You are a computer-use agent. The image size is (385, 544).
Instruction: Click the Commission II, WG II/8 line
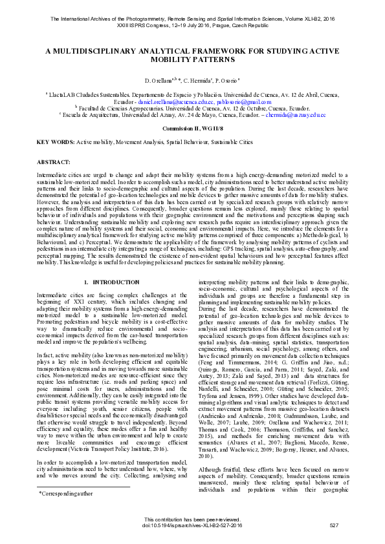pos(192,128)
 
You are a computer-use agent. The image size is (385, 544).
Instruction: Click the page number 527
pos(334,525)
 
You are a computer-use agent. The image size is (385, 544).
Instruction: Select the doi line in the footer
pos(192,525)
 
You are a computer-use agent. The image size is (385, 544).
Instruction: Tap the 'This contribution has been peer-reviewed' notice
pos(192,519)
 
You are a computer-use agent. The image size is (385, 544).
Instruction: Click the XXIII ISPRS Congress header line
pos(192,26)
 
